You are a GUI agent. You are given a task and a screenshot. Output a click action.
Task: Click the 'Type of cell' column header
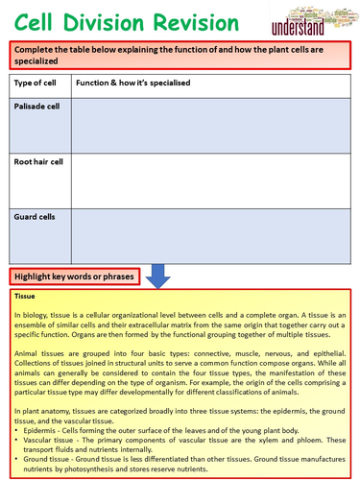(x=36, y=84)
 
